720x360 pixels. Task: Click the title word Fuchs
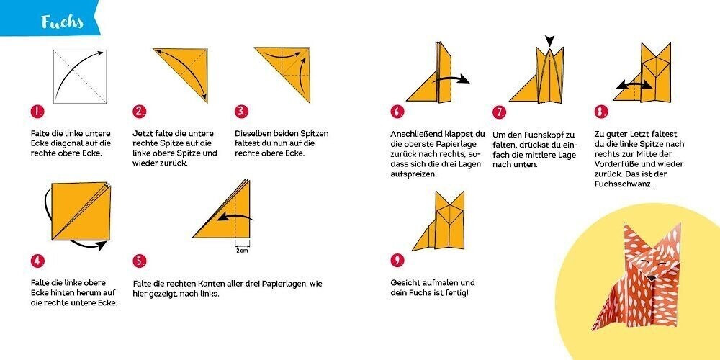coord(62,22)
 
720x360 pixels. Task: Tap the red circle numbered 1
coord(37,112)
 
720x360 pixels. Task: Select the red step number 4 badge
coord(37,261)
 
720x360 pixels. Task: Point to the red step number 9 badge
coord(397,261)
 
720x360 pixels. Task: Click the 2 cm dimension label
coord(242,251)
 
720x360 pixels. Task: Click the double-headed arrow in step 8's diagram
coord(634,85)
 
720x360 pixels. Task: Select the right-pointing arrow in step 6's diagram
coord(451,80)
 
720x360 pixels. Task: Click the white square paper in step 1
coord(81,76)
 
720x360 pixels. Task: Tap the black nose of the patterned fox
coord(651,278)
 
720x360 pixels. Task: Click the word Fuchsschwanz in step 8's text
coord(623,184)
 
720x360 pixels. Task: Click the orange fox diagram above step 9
coord(438,221)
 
